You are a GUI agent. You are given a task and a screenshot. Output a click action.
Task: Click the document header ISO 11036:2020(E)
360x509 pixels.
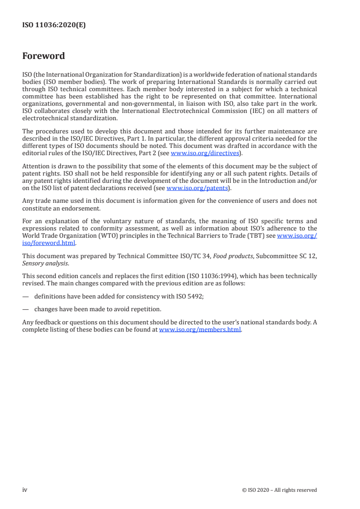pos(54,25)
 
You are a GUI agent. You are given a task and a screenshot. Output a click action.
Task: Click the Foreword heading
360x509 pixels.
pos(44,56)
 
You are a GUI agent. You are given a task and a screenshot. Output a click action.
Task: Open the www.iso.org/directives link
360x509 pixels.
pos(205,153)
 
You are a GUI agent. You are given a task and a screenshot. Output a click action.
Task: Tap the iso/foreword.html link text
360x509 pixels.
pos(49,243)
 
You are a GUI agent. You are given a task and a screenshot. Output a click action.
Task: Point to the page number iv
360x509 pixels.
pos(25,489)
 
